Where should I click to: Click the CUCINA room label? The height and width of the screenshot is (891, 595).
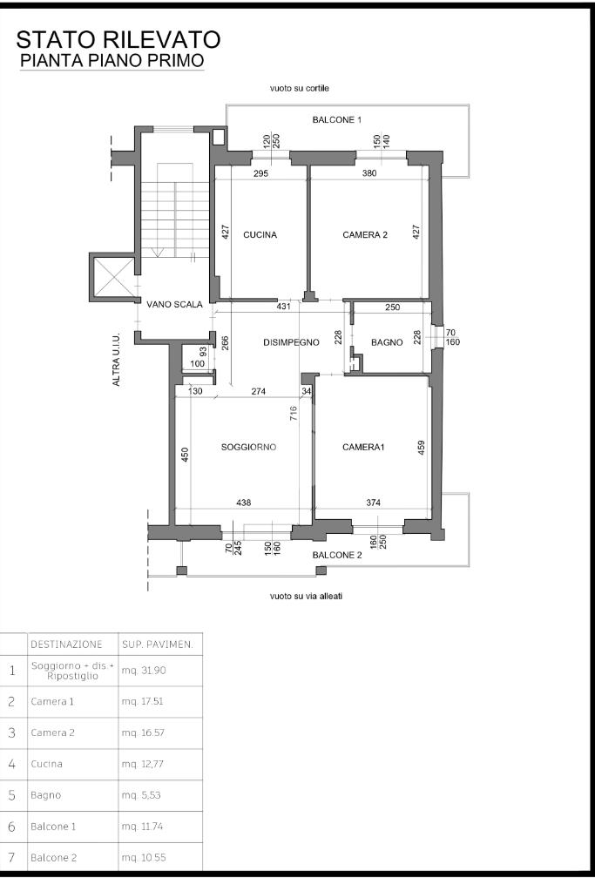coord(260,234)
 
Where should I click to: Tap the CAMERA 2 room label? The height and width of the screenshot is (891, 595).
coord(365,234)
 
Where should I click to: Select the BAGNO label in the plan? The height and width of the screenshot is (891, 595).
coord(387,342)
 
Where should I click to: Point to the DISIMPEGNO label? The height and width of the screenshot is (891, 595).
coord(291,342)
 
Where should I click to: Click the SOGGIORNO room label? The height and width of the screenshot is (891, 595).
coord(248,447)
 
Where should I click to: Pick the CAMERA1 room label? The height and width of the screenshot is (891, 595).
coord(363,447)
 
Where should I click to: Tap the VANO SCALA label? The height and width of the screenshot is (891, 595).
coord(174,304)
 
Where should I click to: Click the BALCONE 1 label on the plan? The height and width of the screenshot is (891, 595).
coord(337,120)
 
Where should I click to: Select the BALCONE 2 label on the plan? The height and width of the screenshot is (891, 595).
coord(337,555)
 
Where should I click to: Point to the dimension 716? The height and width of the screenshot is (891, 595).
coord(294,413)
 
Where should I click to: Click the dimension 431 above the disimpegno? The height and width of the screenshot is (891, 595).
coord(284,307)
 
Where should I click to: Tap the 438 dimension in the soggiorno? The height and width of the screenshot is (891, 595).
coord(243,503)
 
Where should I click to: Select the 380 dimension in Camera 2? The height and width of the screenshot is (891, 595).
coord(369,173)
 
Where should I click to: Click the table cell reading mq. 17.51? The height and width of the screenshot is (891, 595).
coord(142,701)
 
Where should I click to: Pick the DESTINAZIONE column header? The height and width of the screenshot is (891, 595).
coord(66,645)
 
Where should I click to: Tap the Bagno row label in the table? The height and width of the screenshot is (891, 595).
coord(45,795)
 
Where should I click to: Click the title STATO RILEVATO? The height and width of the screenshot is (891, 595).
coord(118,40)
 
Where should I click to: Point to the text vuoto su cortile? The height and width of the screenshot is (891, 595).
coord(300,89)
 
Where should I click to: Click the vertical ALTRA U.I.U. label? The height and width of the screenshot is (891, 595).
coord(116,360)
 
